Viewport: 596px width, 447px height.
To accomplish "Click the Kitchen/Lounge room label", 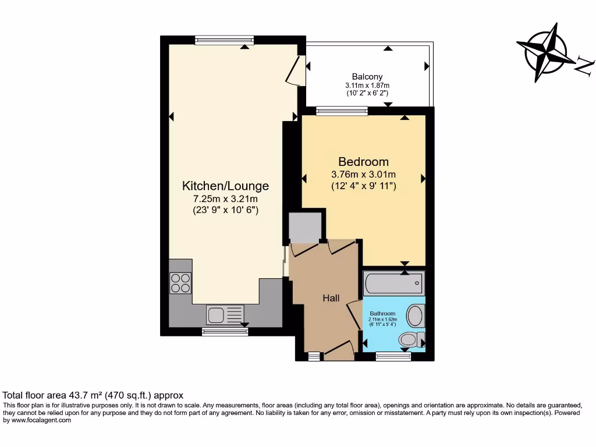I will (x=225, y=186).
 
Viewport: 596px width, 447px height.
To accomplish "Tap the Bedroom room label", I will (x=364, y=161).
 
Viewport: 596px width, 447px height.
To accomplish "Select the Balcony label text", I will (x=367, y=77).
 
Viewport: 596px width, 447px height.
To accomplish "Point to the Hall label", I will (x=331, y=298).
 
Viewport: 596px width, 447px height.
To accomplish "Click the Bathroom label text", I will (x=382, y=313).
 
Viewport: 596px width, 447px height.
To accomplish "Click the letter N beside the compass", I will (x=584, y=65).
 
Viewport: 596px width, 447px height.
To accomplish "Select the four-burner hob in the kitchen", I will (x=180, y=282).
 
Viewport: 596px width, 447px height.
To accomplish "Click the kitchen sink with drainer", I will (x=225, y=315).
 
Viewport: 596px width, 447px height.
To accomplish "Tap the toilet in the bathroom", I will (x=409, y=339).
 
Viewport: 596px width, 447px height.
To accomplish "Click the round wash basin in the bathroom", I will (x=415, y=316).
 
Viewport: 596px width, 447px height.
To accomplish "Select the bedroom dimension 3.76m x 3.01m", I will (x=364, y=175).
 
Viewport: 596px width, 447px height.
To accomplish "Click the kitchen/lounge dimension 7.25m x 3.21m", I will (x=225, y=200).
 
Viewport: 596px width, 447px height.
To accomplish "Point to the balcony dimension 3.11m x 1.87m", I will (x=367, y=85).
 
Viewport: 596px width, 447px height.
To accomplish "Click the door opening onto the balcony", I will (x=299, y=71).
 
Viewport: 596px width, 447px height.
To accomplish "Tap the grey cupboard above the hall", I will (x=306, y=227).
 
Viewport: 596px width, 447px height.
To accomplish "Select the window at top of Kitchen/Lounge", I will (x=225, y=40).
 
